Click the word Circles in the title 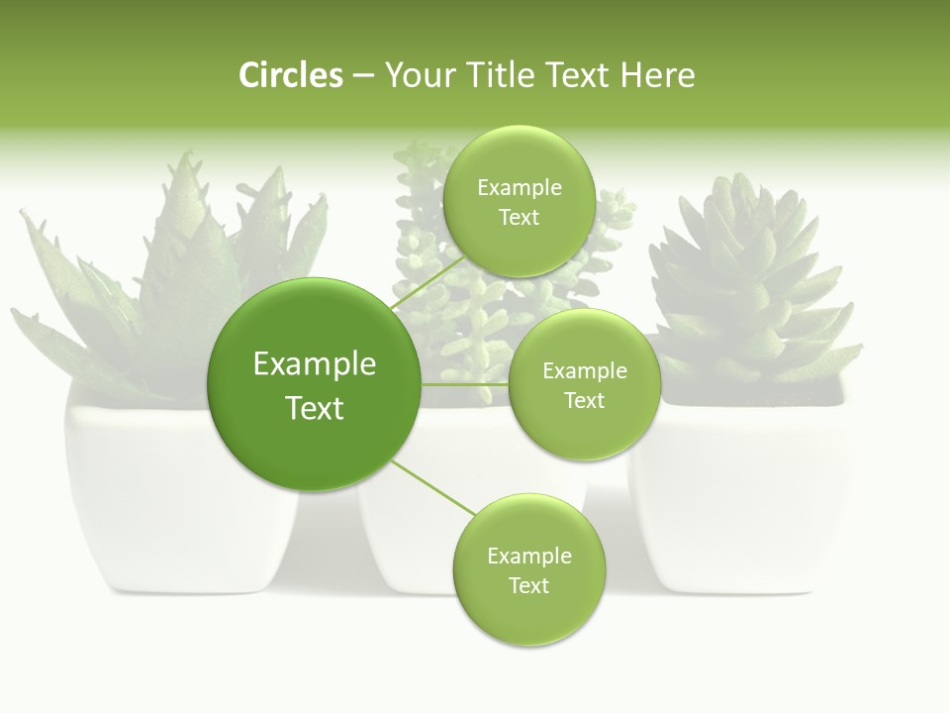pyautogui.click(x=290, y=75)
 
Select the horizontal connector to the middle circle pyautogui.click(x=464, y=383)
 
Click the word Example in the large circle pyautogui.click(x=315, y=364)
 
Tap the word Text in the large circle pyautogui.click(x=315, y=408)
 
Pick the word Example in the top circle pyautogui.click(x=519, y=188)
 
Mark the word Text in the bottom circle pyautogui.click(x=528, y=585)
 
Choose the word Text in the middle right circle pyautogui.click(x=584, y=400)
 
